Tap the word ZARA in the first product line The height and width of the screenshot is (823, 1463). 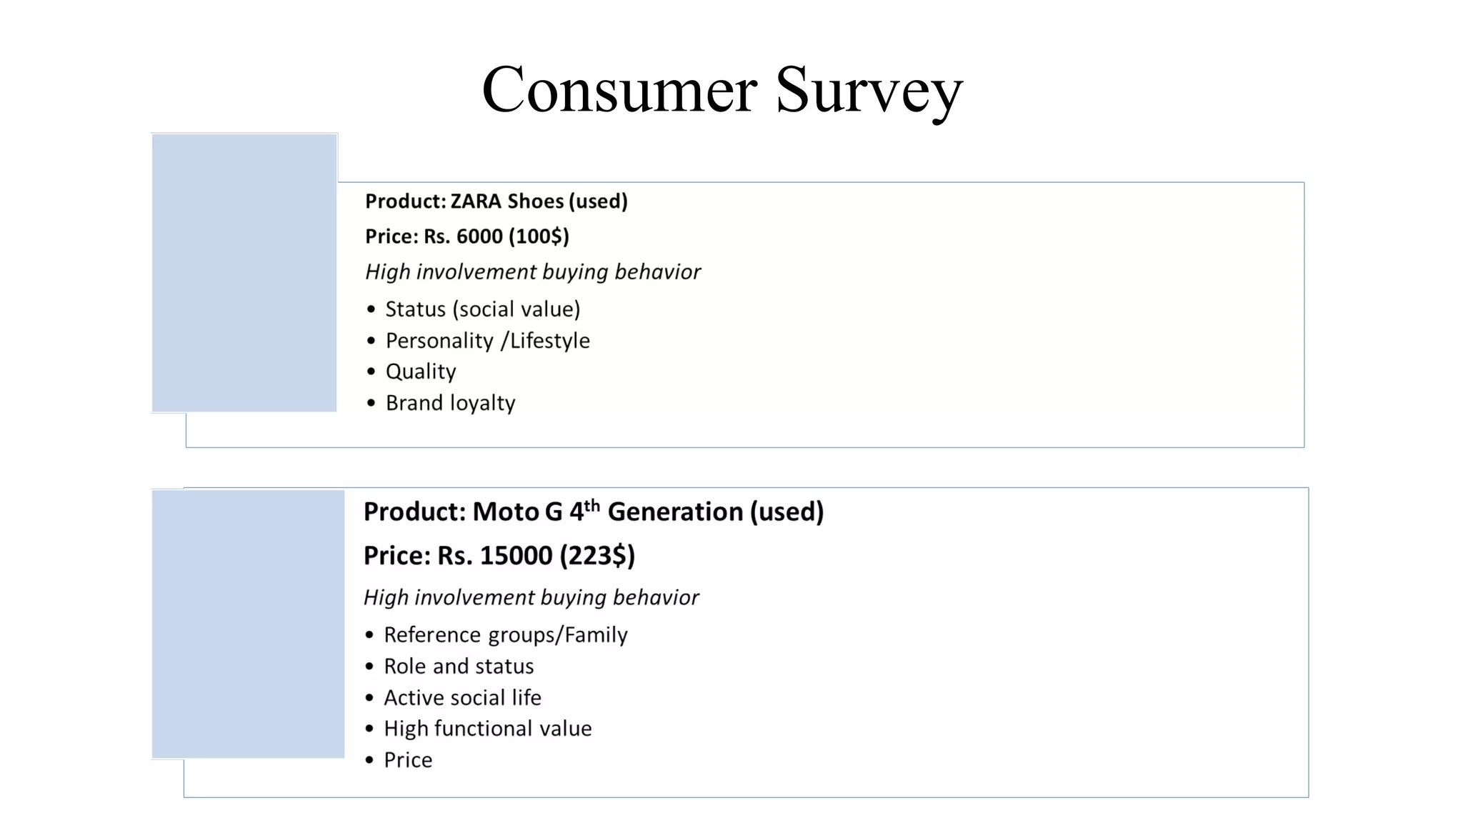476,201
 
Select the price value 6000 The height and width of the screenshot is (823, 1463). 479,236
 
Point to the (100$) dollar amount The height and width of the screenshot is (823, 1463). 539,236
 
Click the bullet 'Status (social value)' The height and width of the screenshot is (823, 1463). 482,309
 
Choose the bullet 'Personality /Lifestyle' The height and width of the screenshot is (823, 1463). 487,341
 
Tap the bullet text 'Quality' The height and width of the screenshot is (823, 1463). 421,371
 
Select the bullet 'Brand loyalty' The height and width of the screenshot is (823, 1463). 450,403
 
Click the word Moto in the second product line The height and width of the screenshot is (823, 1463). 506,512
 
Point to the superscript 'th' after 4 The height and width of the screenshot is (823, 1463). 591,506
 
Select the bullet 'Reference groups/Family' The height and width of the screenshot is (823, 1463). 505,635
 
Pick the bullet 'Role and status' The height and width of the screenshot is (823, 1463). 459,667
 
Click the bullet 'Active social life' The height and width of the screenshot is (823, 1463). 462,698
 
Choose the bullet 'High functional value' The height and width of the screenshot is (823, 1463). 487,729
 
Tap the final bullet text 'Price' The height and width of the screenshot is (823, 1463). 408,760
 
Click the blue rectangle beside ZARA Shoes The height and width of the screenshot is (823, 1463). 244,273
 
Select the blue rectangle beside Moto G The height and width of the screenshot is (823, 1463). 248,624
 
